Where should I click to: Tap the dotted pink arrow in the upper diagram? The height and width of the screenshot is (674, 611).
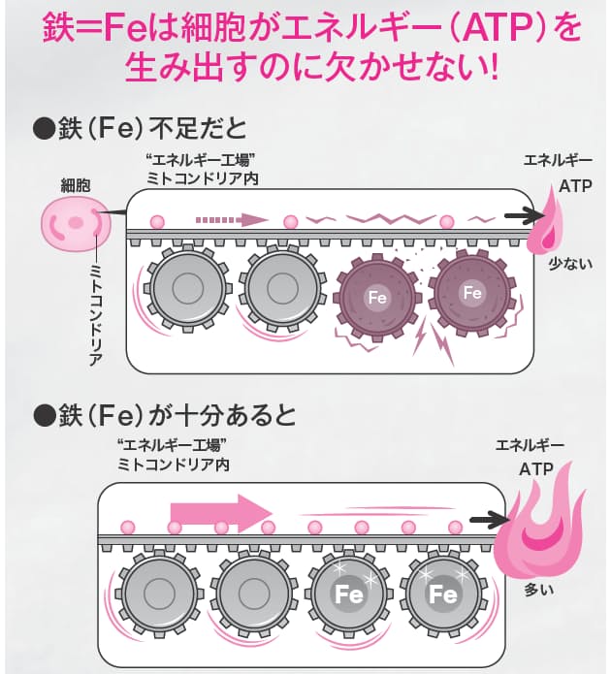click(x=232, y=219)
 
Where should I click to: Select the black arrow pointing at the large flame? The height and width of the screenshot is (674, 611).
click(x=488, y=522)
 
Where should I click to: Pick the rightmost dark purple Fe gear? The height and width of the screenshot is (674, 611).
click(x=472, y=293)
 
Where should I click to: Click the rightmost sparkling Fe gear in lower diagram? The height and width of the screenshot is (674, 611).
click(x=443, y=593)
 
